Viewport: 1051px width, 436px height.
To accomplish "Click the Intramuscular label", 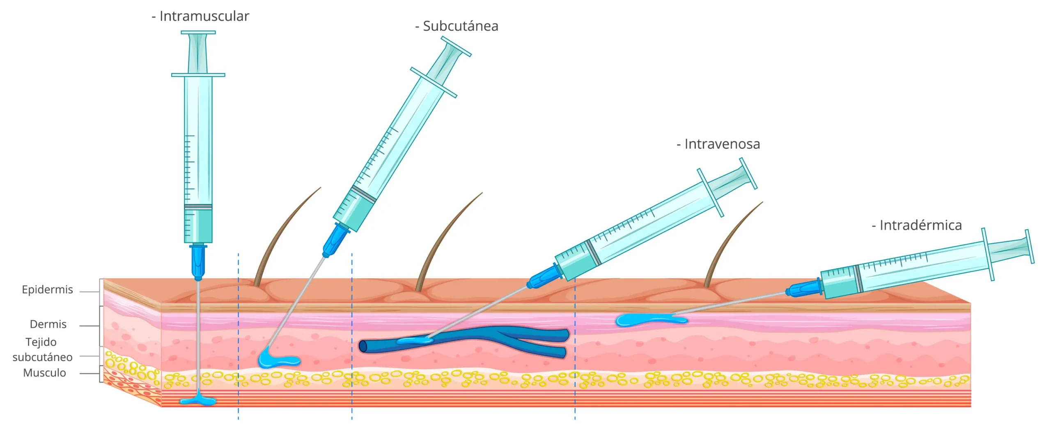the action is click(200, 16).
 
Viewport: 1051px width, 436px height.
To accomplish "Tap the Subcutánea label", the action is click(457, 26).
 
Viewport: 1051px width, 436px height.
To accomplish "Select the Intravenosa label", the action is click(718, 144).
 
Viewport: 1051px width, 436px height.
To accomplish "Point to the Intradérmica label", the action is click(916, 225).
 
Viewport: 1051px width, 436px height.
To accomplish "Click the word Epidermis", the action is click(47, 290).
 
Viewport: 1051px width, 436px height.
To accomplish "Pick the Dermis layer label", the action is click(48, 324).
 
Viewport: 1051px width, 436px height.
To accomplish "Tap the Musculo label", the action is click(44, 373).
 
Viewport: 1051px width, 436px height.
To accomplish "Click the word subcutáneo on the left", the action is click(42, 357).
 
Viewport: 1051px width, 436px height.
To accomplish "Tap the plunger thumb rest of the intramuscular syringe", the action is click(198, 32).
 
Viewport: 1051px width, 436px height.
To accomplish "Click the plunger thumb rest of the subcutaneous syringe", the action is click(456, 46).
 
